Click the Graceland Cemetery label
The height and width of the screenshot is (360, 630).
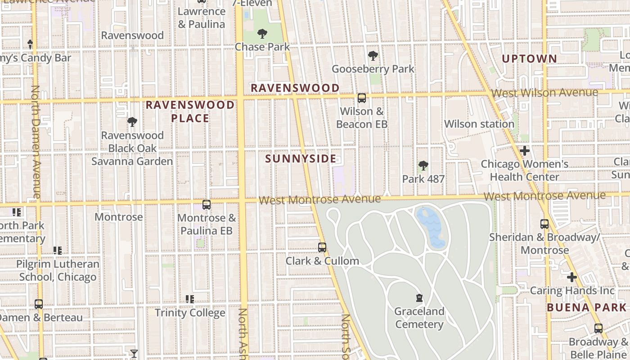tap(419, 318)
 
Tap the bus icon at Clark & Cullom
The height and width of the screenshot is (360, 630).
tap(322, 247)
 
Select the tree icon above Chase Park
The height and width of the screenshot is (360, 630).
tap(262, 34)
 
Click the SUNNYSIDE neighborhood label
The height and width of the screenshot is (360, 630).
tap(301, 159)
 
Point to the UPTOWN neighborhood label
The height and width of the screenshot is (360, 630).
tap(529, 58)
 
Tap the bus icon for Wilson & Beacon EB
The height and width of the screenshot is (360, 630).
tap(361, 98)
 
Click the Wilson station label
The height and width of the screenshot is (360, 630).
tap(479, 124)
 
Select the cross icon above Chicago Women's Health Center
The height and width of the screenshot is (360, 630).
tap(524, 151)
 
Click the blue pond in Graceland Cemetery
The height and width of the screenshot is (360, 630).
tap(432, 227)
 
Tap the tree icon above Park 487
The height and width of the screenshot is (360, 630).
tap(423, 166)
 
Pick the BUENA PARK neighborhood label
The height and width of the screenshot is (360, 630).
tap(586, 308)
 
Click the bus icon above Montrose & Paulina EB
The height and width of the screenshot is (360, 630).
tap(207, 205)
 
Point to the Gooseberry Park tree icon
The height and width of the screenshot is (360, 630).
tap(373, 56)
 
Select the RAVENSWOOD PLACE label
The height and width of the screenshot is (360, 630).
tap(190, 112)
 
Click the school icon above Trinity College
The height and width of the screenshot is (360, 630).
tap(190, 299)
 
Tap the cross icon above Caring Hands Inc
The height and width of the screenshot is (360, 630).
tap(571, 277)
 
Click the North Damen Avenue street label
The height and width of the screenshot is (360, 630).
tap(36, 142)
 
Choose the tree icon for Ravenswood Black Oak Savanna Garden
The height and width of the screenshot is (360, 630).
tap(132, 121)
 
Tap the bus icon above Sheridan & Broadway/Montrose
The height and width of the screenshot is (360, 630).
tap(544, 224)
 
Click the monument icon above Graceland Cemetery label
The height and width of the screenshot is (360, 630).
tap(419, 297)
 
